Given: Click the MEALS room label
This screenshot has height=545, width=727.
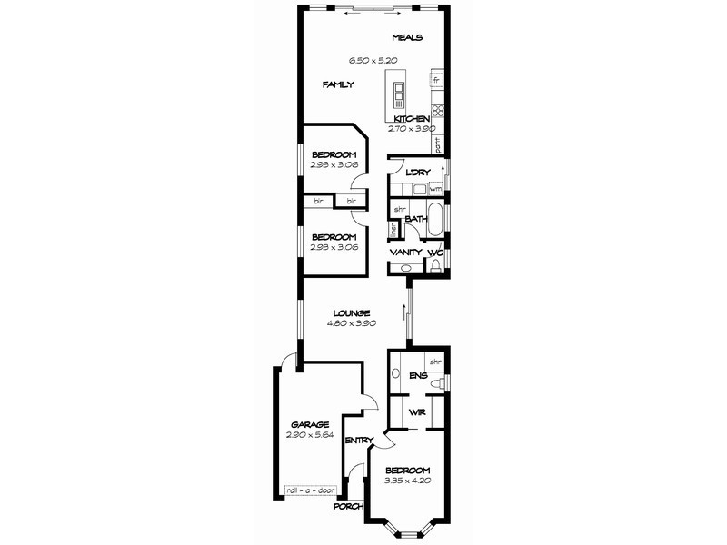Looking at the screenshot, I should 408,37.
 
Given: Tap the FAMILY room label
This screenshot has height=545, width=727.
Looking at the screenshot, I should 338,84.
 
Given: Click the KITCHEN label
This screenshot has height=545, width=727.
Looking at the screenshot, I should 412,119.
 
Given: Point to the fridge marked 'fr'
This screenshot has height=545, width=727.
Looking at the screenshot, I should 437,81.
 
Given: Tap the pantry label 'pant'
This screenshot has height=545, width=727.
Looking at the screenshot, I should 437,144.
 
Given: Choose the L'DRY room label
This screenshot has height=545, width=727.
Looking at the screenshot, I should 417,173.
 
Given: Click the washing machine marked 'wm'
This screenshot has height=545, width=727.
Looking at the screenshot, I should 435,188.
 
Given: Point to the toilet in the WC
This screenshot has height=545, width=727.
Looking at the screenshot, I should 435,264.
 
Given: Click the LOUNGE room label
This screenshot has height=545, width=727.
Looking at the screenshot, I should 351,313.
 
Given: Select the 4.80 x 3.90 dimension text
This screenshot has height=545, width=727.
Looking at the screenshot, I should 351,323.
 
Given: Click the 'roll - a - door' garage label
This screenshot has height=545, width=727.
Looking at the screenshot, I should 310,490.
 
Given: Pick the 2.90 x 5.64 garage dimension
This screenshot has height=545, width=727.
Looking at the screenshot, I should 310,435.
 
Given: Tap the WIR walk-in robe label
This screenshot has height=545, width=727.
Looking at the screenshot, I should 417,411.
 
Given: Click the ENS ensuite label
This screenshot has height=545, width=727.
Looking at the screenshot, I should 418,374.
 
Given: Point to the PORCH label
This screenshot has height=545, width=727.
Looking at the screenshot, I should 349,506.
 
